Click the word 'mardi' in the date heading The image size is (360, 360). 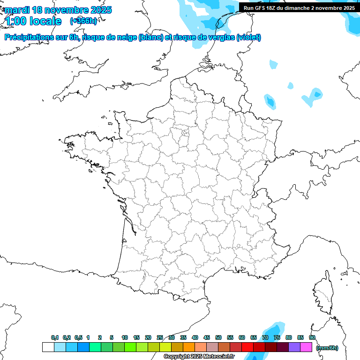coord(16,10)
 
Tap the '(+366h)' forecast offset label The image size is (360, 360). coord(83,21)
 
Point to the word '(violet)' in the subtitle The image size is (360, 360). coord(248,37)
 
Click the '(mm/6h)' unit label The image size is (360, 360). coord(327,348)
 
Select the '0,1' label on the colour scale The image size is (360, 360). coord(55,337)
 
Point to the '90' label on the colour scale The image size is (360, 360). coord(312,337)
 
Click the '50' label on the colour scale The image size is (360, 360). coord(218,337)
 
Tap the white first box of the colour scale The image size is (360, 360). coord(48,347)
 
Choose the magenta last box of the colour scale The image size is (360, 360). coord(306,347)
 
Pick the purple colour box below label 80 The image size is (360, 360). coord(294,347)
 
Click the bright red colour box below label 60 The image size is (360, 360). coord(247,347)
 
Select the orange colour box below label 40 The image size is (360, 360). coord(189,347)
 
